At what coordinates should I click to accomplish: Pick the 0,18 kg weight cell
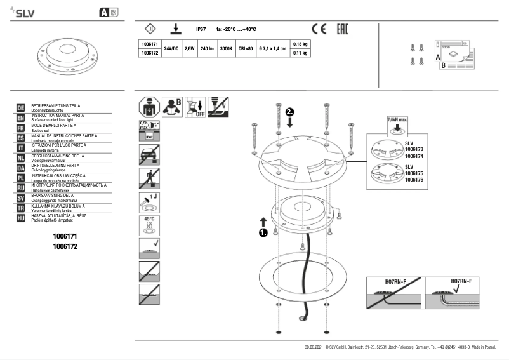[300, 44]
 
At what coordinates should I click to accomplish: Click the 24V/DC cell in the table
[171, 48]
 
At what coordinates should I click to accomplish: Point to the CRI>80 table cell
[246, 48]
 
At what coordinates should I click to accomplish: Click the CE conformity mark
[319, 29]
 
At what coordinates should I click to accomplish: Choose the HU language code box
[20, 218]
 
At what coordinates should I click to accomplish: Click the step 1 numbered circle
[263, 234]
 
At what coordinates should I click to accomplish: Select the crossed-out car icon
[149, 155]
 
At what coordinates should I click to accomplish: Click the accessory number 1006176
[414, 180]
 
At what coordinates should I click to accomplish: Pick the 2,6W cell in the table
[189, 48]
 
